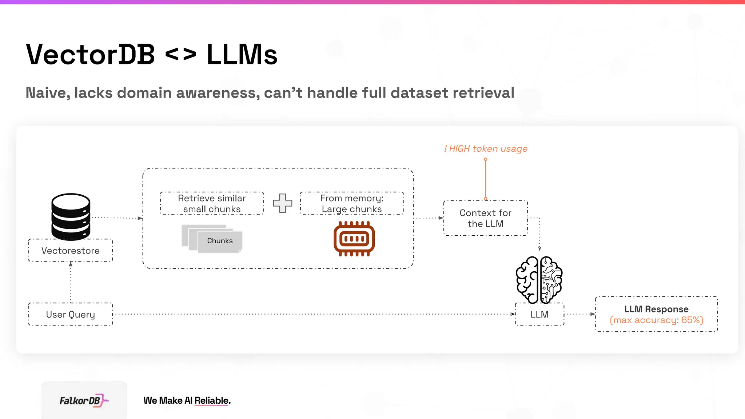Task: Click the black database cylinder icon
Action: click(71, 216)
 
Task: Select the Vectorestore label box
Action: click(71, 251)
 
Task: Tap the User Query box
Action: click(71, 314)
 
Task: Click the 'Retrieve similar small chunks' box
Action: click(212, 203)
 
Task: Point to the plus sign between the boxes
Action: click(283, 203)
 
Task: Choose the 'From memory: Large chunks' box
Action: click(352, 203)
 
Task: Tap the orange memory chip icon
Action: click(354, 239)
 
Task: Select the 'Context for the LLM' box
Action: click(485, 218)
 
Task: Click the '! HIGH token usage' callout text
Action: click(486, 149)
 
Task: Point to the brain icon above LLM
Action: click(539, 279)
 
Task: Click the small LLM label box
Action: click(539, 314)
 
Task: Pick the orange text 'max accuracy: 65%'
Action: click(656, 320)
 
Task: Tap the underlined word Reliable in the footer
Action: click(212, 400)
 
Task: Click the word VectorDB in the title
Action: click(91, 55)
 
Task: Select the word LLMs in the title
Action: click(242, 55)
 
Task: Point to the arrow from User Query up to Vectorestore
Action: click(71, 282)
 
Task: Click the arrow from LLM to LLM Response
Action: click(579, 314)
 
